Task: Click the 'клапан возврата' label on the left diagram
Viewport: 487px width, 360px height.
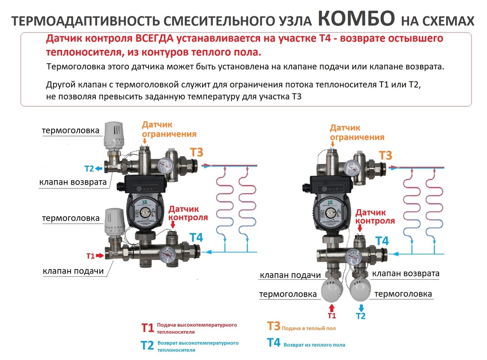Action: [73, 182]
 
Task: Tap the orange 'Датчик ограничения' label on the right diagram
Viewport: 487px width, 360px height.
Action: [357, 133]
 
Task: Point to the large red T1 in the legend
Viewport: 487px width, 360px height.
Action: [147, 328]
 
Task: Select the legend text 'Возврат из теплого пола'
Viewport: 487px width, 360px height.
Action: [314, 345]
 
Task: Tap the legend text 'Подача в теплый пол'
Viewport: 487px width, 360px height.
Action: [308, 328]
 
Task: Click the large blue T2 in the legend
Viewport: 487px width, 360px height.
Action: [147, 345]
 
